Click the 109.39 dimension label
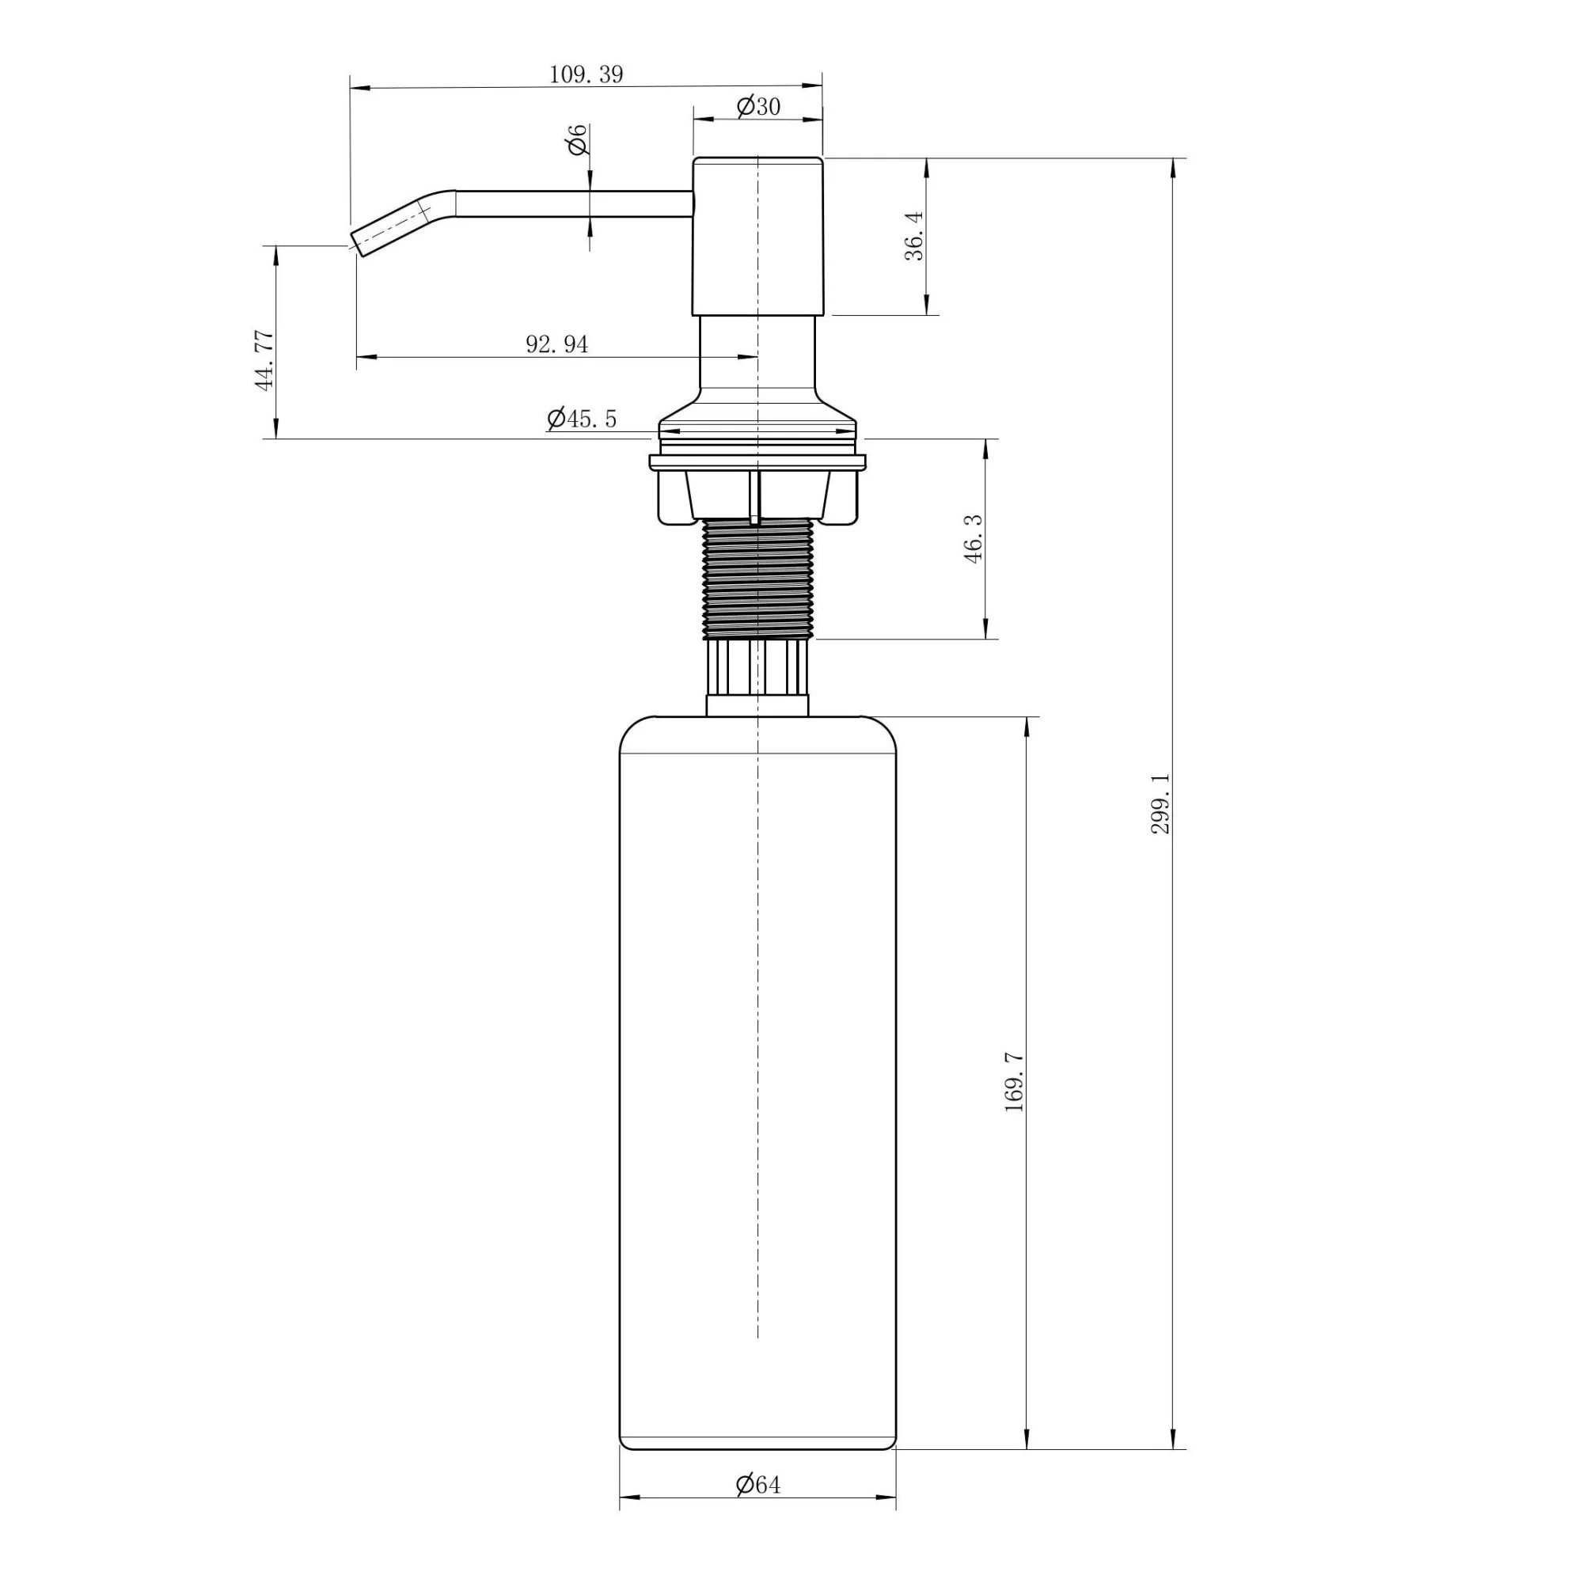(x=586, y=74)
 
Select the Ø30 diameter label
(x=758, y=106)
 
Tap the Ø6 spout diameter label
(x=577, y=139)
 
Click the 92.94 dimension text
(x=557, y=344)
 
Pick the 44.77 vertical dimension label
(x=264, y=360)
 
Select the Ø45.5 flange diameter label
(x=582, y=419)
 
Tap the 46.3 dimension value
(x=973, y=538)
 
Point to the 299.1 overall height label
(x=1161, y=804)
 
